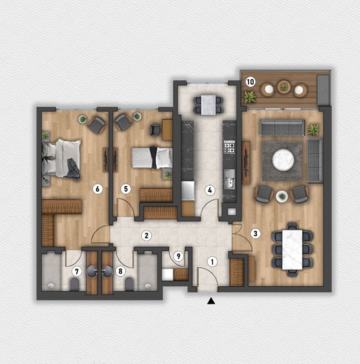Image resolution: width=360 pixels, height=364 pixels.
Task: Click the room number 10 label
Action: (250, 82)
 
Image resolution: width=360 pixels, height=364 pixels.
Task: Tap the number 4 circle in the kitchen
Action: (210, 191)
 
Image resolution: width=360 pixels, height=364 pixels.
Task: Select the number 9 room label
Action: (179, 256)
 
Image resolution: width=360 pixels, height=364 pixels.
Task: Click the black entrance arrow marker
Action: (211, 301)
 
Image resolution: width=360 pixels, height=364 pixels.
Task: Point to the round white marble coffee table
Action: (283, 159)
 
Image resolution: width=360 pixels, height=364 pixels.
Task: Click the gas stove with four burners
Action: (229, 147)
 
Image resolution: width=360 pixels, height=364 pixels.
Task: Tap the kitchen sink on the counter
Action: (229, 179)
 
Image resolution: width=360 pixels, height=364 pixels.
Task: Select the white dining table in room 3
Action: (292, 250)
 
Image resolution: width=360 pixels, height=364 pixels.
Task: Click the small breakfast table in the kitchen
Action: (209, 105)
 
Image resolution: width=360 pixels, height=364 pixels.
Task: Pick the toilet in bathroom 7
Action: (74, 285)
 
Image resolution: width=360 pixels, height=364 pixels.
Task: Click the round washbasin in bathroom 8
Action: (107, 271)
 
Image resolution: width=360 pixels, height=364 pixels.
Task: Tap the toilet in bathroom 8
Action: (130, 285)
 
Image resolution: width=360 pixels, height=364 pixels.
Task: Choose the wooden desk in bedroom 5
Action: (167, 130)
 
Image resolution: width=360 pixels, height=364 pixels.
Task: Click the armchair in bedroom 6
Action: (96, 125)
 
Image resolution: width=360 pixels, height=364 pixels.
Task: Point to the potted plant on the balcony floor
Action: (249, 97)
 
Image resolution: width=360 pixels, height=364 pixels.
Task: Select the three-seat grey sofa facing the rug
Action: (282, 127)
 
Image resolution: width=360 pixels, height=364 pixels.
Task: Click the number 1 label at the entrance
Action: (212, 262)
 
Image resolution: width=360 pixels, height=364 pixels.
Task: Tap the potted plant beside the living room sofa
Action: (313, 130)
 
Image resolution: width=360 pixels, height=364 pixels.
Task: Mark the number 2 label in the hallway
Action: (146, 236)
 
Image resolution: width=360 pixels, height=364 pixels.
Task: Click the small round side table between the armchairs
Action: (282, 197)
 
